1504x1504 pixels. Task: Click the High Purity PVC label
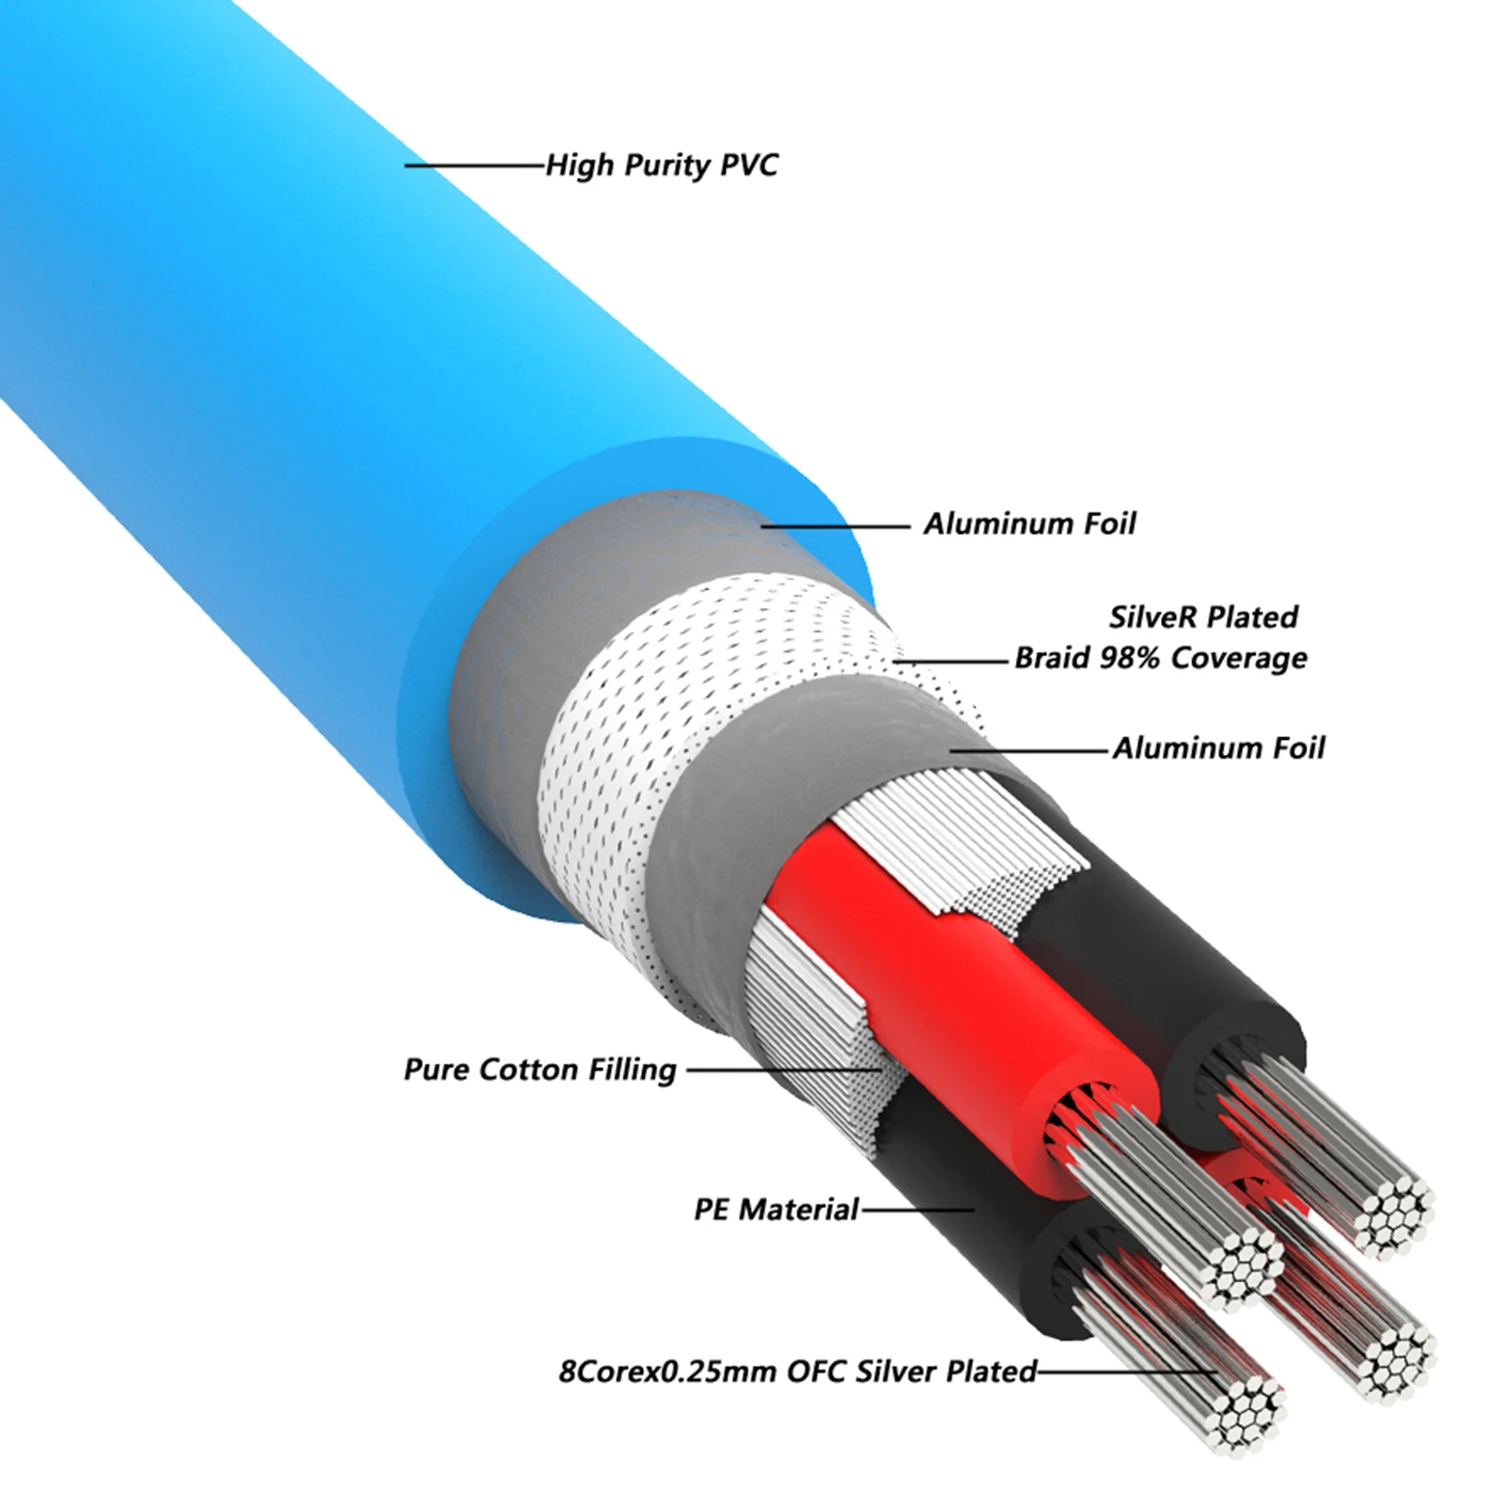point(662,165)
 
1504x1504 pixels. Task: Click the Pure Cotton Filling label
point(540,1070)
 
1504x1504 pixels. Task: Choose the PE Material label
point(776,1209)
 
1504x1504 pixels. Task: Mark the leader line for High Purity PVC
point(476,165)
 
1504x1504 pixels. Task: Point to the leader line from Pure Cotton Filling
point(782,1070)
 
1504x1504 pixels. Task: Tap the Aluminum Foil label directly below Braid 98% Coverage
point(1218,748)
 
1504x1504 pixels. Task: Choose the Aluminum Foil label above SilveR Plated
point(1029,524)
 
